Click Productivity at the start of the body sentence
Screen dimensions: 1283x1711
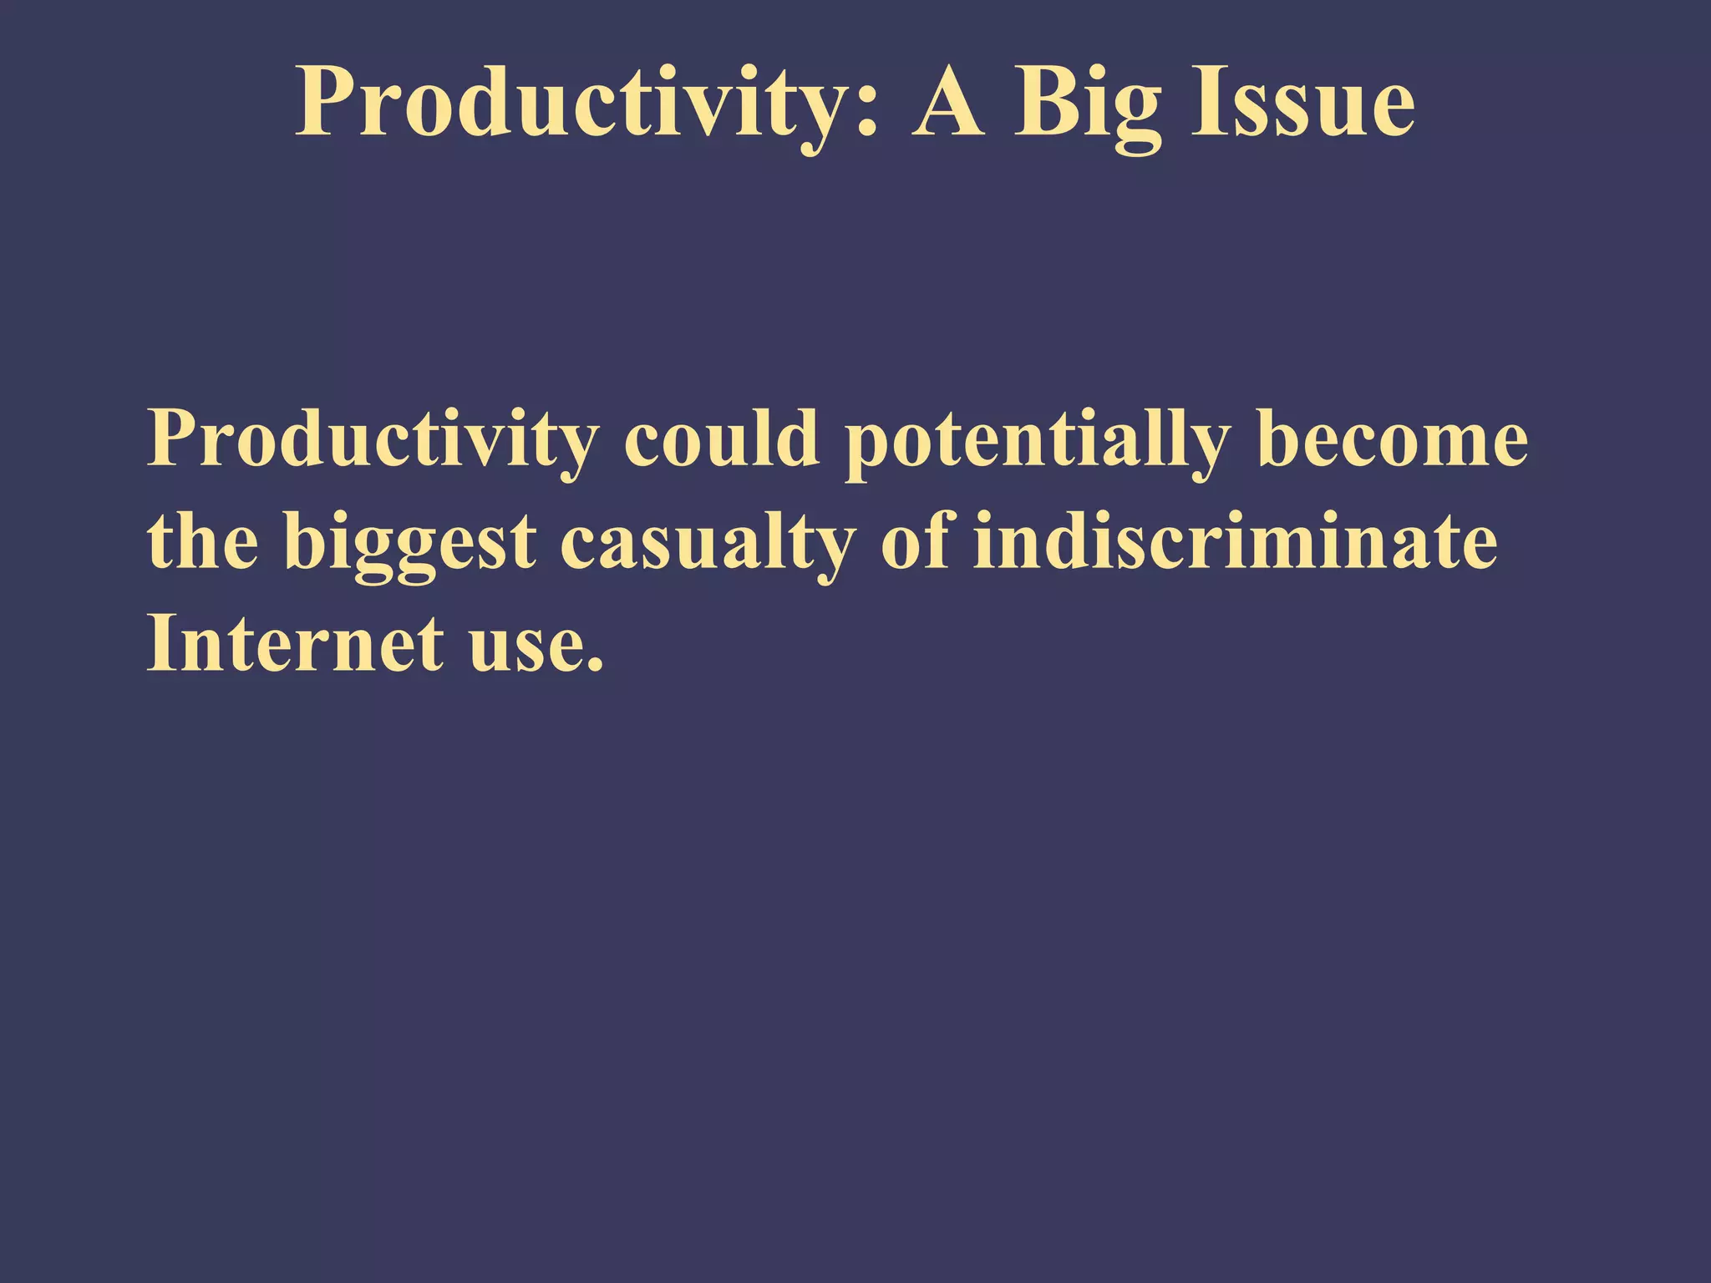pyautogui.click(x=373, y=441)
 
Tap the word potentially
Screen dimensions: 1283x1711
pyautogui.click(x=1037, y=441)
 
